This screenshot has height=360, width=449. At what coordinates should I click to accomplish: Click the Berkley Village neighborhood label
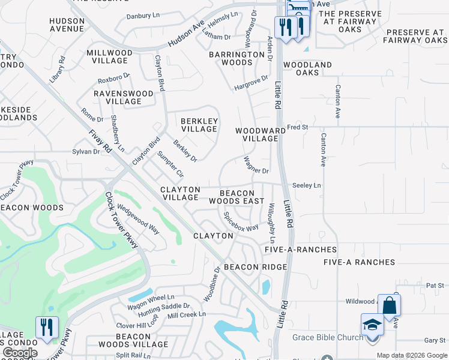[x=199, y=125]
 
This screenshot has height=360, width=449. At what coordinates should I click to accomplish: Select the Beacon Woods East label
[x=237, y=197]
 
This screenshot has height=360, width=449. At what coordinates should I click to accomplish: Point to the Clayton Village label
[x=179, y=193]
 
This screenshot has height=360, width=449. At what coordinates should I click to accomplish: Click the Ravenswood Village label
[x=124, y=98]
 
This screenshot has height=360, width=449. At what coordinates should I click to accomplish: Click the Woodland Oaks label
[x=307, y=68]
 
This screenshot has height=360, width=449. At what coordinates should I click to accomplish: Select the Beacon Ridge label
[x=255, y=267]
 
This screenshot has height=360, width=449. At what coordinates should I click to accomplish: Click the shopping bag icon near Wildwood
[x=389, y=305]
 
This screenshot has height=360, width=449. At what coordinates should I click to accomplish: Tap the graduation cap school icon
[x=372, y=325]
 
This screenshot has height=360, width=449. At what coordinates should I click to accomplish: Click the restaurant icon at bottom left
[x=47, y=327]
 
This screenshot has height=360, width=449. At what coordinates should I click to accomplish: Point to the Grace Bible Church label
[x=328, y=337]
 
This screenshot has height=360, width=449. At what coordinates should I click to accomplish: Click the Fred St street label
[x=297, y=127]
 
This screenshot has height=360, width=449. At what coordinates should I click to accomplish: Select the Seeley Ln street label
[x=306, y=186]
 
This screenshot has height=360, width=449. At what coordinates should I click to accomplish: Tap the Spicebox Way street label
[x=241, y=221]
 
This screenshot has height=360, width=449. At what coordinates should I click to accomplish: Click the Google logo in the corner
[x=20, y=353]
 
